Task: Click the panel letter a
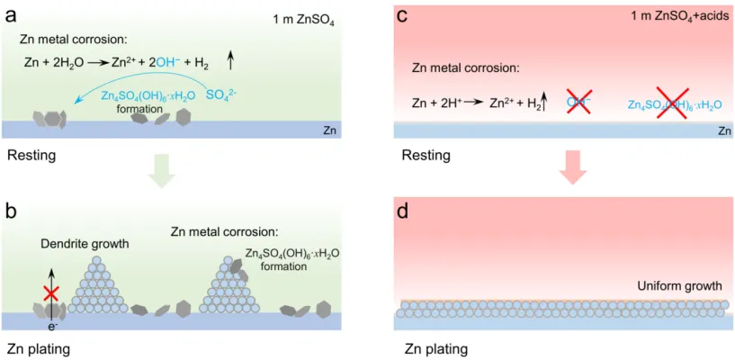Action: tap(13, 13)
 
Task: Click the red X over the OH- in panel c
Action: tap(578, 103)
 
